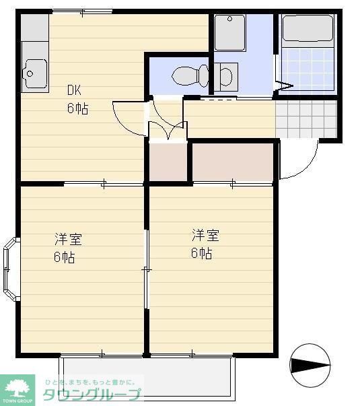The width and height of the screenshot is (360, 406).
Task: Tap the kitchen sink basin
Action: [x=33, y=69]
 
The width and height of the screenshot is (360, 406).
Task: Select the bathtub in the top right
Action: [x=307, y=29]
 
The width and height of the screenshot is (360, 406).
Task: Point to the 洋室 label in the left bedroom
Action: [x=68, y=240]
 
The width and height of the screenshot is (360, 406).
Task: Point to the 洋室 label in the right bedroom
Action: [x=205, y=236]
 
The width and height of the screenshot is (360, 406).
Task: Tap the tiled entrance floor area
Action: [x=305, y=119]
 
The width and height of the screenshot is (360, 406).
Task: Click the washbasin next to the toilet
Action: [x=226, y=76]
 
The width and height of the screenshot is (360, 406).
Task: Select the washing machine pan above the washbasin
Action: [x=230, y=32]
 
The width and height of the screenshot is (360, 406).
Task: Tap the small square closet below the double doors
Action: [x=167, y=162]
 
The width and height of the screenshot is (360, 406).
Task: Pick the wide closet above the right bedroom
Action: [x=232, y=162]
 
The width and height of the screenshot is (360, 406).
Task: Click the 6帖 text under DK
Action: [x=77, y=109]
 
